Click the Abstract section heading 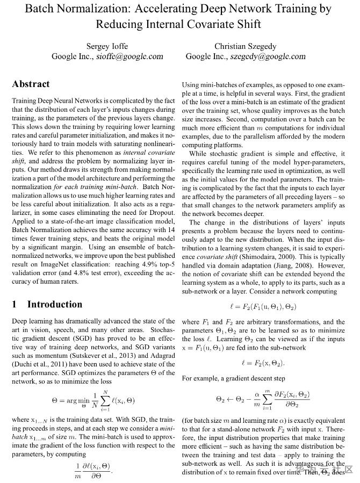31,84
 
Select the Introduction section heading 55,304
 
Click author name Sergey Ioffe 107,46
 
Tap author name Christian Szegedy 246,46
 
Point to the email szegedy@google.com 268,56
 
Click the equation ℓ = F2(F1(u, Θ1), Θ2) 263,307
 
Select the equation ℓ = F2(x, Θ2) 263,363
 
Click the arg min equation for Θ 93,400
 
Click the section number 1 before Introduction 15,304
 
